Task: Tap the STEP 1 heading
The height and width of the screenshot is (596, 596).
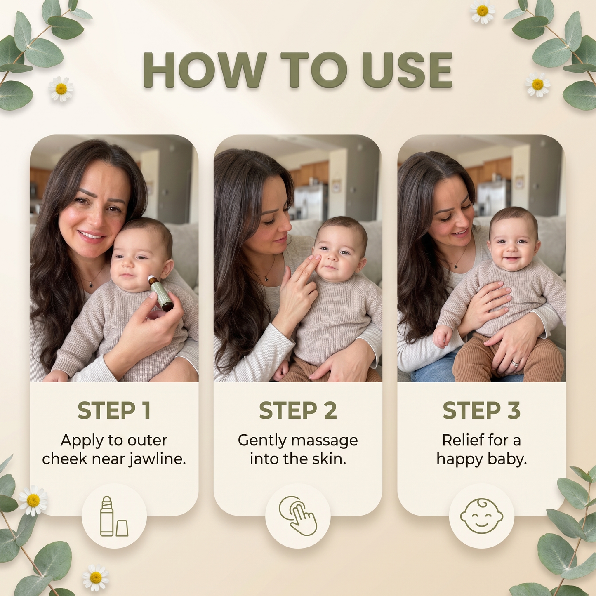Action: pyautogui.click(x=114, y=411)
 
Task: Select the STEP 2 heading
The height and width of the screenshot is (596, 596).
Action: pyautogui.click(x=298, y=411)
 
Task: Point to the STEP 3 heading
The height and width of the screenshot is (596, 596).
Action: pyautogui.click(x=482, y=411)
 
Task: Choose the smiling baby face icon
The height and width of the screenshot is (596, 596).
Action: pyautogui.click(x=482, y=516)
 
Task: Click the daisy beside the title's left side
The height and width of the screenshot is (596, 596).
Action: pyautogui.click(x=61, y=89)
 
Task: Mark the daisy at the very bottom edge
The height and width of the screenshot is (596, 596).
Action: pyautogui.click(x=96, y=577)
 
